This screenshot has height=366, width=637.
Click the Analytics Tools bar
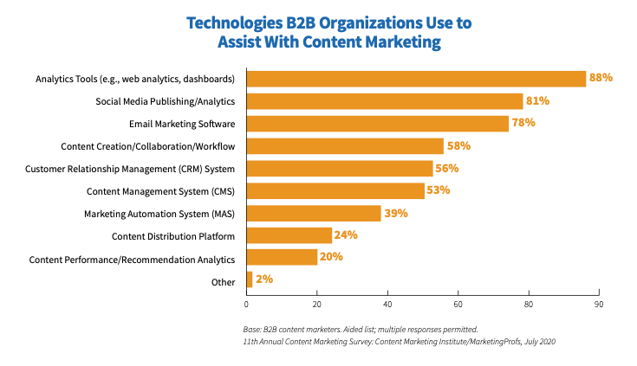coord(416,79)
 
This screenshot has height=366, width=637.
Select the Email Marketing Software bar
coord(377,123)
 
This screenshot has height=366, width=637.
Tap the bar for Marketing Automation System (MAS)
coord(314,213)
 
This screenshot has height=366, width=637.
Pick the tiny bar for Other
coord(250,279)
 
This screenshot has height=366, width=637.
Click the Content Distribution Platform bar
coord(289,235)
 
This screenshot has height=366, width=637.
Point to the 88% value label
coord(601,78)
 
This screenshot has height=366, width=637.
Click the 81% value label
coord(537,100)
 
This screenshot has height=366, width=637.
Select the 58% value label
coord(458,145)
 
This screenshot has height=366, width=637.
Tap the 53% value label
coord(439,190)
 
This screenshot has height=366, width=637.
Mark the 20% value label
coord(331,257)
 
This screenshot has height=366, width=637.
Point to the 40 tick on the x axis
coord(387,305)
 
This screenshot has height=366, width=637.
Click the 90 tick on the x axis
coord(598,305)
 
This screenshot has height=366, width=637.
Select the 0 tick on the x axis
coord(247,305)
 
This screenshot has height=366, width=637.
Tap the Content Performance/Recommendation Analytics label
coord(132,258)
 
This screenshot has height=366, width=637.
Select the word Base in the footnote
coord(253,330)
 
